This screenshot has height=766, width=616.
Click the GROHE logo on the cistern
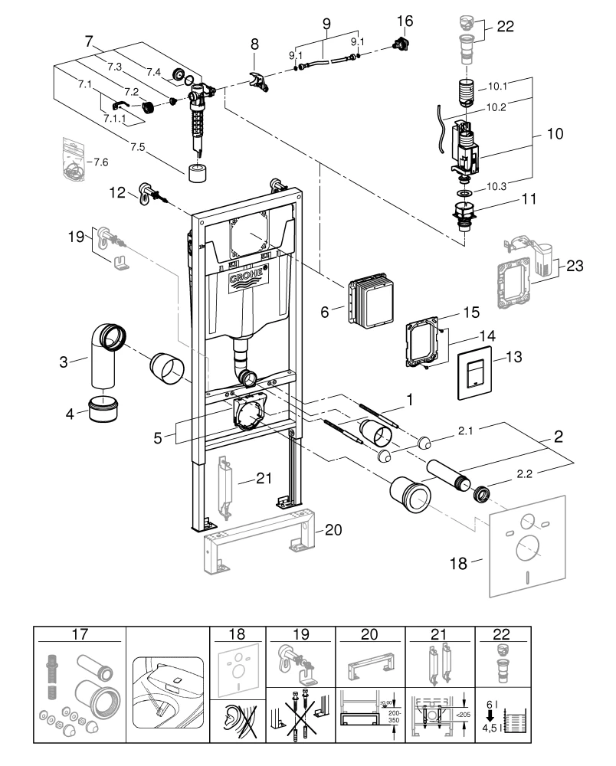coord(247,276)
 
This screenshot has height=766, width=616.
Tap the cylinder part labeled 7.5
coord(198,170)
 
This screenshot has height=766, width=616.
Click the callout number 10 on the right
coord(555,133)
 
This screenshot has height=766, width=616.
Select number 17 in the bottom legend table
coord(79,635)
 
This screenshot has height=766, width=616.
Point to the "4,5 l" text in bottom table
coord(492,728)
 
